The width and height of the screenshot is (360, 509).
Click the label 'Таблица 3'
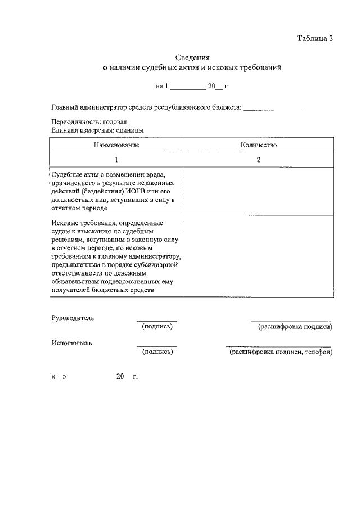pos(315,38)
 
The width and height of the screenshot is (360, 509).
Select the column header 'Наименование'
pos(116,145)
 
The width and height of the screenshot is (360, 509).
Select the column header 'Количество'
pos(258,145)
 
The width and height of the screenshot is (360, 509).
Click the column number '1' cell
pos(116,160)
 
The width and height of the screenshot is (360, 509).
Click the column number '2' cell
pos(258,160)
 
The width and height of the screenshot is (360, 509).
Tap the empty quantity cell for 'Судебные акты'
pos(258,191)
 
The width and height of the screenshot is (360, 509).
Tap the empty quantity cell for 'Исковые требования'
pos(258,256)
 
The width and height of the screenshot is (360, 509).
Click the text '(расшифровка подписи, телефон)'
pos(280,352)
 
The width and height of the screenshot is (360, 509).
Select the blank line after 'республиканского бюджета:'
pos(274,109)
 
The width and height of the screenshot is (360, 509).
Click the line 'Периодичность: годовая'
pos(88,122)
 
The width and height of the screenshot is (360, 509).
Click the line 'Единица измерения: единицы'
pos(97,130)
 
